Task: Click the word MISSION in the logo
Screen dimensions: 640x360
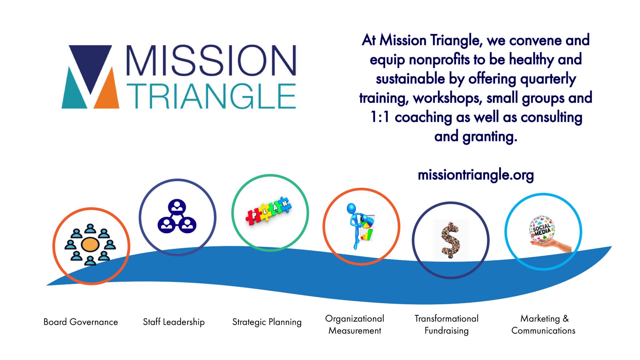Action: [x=211, y=60]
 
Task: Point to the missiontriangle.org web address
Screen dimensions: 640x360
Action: [x=476, y=175]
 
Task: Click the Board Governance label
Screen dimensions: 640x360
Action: [x=81, y=322]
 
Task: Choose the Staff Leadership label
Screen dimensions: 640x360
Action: [x=174, y=322]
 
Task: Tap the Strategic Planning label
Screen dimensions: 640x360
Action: [x=267, y=322]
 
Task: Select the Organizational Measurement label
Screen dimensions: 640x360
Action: [x=355, y=324]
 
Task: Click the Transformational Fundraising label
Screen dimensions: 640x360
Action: [x=447, y=324]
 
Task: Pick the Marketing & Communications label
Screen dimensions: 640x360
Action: [x=543, y=324]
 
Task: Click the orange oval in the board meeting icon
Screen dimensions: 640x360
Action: [x=90, y=245]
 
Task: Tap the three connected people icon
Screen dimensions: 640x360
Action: [x=177, y=216]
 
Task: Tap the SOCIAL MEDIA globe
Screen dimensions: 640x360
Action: [x=542, y=229]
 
